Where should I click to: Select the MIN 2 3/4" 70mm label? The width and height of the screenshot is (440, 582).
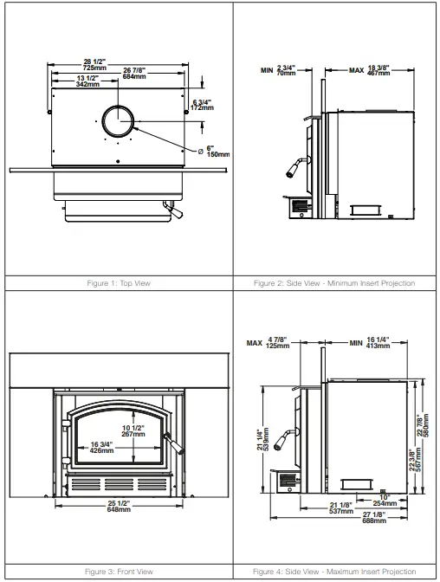pos(279,71)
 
